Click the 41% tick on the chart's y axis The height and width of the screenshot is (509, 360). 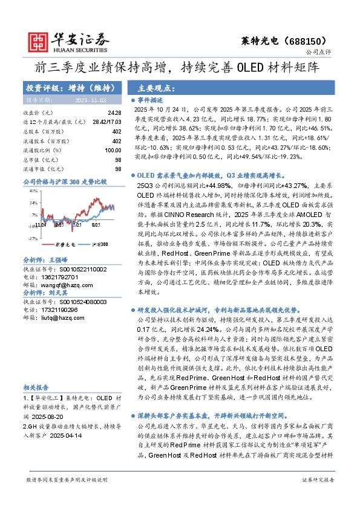34,189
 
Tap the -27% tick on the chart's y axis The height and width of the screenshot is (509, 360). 33,238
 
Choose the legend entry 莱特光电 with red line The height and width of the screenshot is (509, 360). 63,245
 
